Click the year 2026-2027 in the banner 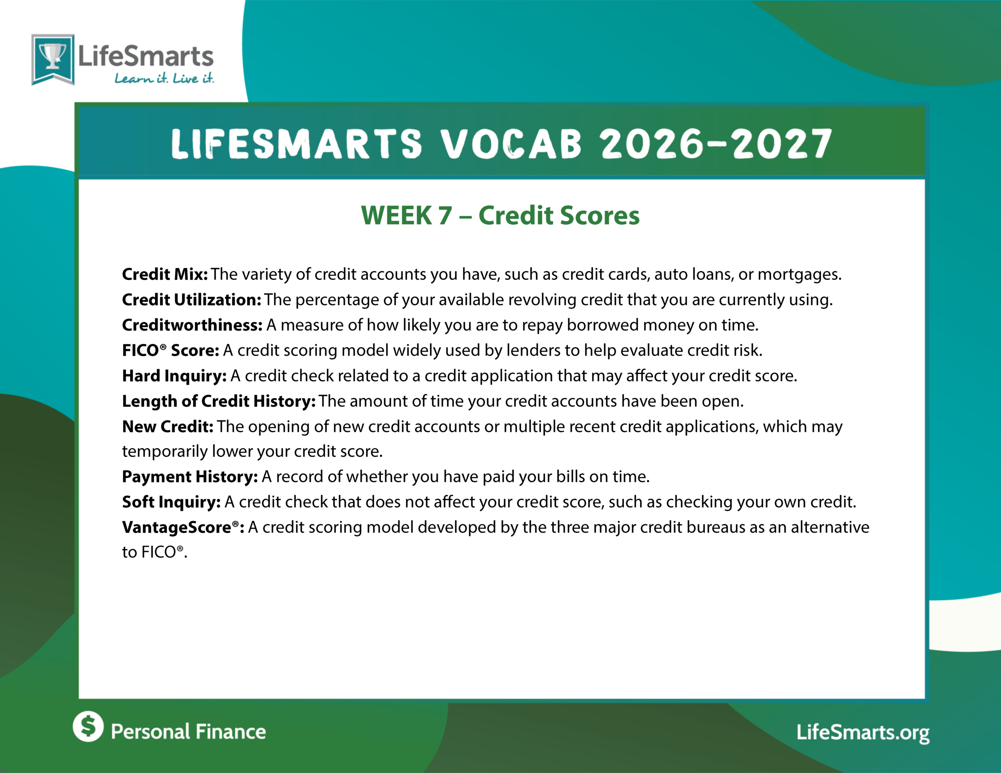(x=716, y=143)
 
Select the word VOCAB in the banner (x=511, y=143)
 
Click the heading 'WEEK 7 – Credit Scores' (x=500, y=215)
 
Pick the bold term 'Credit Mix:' (x=165, y=274)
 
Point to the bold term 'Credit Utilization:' (x=192, y=300)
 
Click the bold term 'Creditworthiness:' (x=192, y=325)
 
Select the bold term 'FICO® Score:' (x=170, y=351)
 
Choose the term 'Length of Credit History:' (x=219, y=401)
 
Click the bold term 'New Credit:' (x=168, y=427)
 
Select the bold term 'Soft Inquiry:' (x=171, y=502)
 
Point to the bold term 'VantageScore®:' (x=183, y=528)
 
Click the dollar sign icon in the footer (x=88, y=726)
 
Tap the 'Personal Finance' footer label (x=188, y=732)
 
